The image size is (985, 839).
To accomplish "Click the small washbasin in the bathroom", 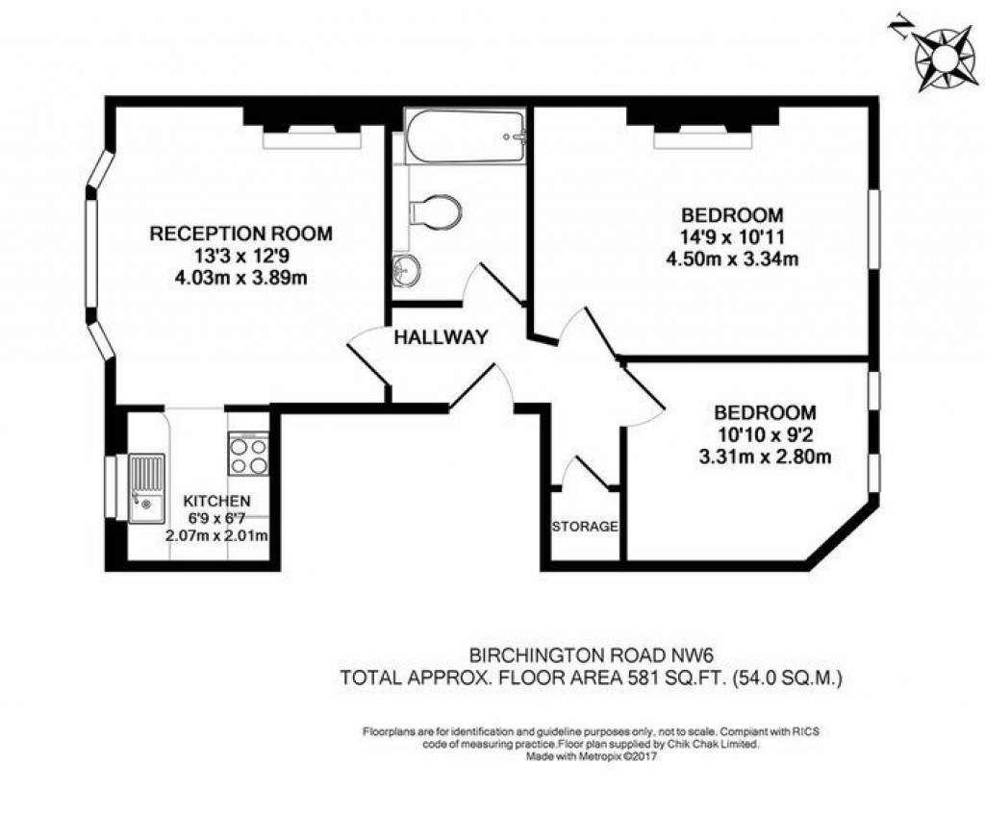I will (x=407, y=272).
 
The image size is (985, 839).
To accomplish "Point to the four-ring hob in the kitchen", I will (x=247, y=453).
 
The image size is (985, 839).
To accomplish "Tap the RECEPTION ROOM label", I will (x=240, y=234).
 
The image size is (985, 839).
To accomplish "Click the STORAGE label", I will (x=585, y=527).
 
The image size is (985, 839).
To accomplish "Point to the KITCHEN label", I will (x=217, y=501).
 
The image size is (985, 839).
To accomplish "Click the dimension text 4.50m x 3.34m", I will (x=733, y=258).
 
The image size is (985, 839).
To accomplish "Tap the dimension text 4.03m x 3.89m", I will (x=240, y=278).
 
